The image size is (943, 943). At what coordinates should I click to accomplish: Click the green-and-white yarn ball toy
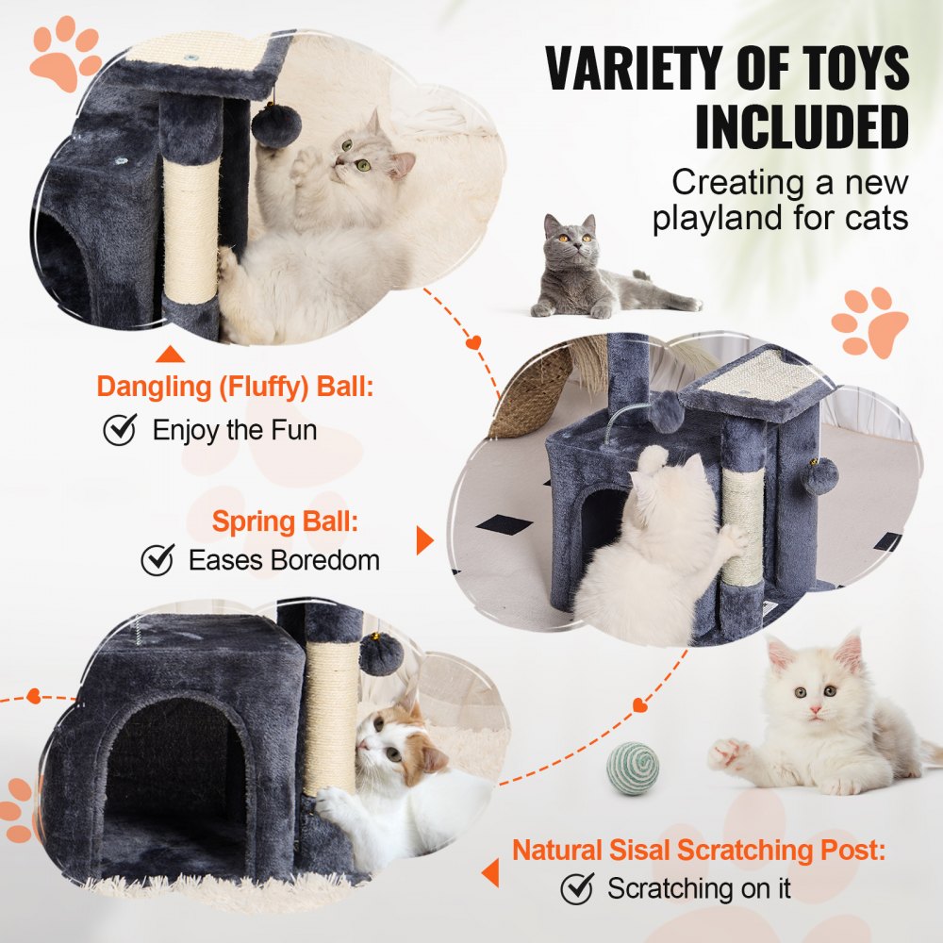633,768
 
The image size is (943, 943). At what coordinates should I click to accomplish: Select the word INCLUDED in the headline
802,127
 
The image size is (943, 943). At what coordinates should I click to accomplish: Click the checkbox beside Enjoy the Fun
120,430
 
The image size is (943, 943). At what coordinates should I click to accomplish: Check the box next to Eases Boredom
157,559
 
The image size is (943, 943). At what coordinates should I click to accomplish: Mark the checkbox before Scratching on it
576,887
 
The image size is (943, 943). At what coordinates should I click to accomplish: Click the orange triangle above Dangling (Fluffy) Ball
170,355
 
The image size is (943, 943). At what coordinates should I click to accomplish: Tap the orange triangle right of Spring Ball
424,540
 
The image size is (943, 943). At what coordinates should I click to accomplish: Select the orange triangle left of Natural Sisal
489,872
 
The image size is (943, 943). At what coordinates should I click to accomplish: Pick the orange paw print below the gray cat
869,322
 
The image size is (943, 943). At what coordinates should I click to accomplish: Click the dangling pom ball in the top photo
276,125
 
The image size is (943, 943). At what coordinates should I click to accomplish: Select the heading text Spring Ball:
285,521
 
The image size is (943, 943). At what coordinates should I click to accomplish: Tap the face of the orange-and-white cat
394,741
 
